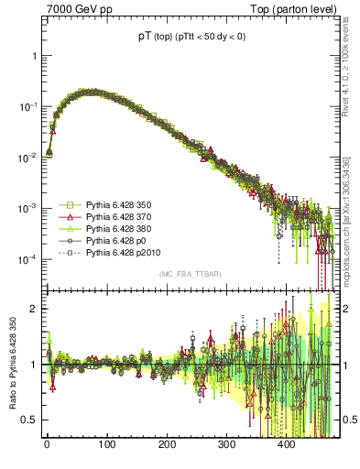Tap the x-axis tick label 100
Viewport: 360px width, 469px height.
click(x=106, y=445)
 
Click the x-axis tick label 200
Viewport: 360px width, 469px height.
click(x=167, y=445)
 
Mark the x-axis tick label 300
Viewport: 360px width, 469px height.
click(x=226, y=445)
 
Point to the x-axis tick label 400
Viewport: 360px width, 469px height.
click(x=286, y=445)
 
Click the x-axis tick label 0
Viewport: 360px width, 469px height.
click(x=47, y=445)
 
